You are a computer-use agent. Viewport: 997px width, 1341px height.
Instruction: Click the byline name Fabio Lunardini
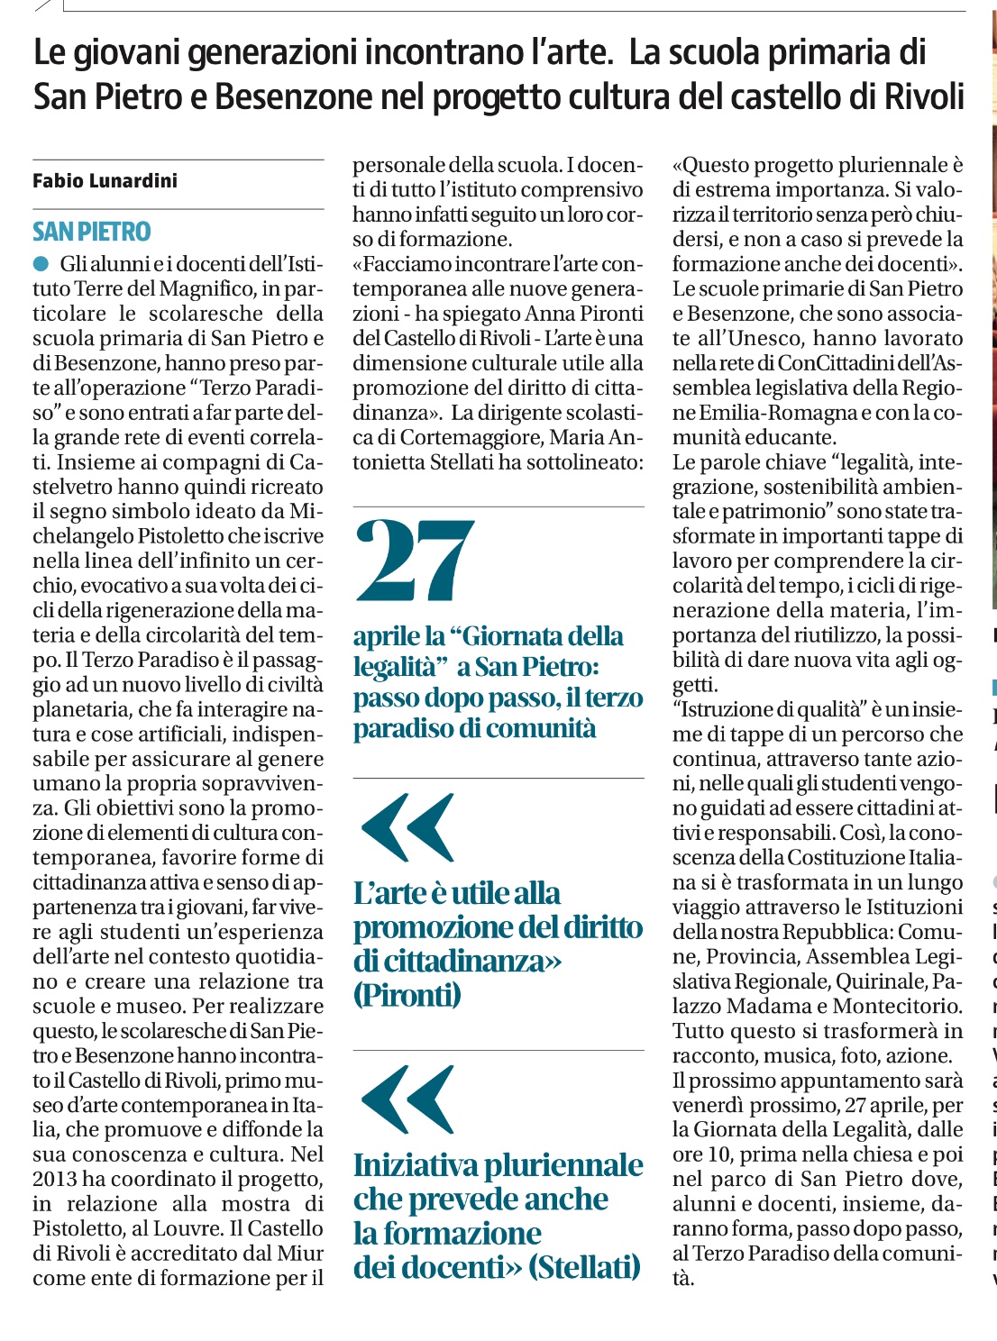point(105,181)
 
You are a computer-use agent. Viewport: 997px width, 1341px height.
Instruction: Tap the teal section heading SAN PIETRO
point(92,233)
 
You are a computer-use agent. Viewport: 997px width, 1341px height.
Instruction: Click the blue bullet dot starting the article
point(41,264)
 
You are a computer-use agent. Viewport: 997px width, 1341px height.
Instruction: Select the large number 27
point(415,561)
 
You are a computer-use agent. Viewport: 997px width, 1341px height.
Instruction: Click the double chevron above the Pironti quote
point(407,828)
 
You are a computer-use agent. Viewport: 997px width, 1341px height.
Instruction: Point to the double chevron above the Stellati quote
point(407,1100)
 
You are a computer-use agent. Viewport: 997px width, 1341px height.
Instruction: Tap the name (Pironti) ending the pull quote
point(407,995)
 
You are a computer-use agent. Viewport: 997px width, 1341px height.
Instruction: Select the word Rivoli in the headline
point(919,96)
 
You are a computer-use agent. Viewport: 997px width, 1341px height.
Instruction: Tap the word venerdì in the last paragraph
point(709,1105)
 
